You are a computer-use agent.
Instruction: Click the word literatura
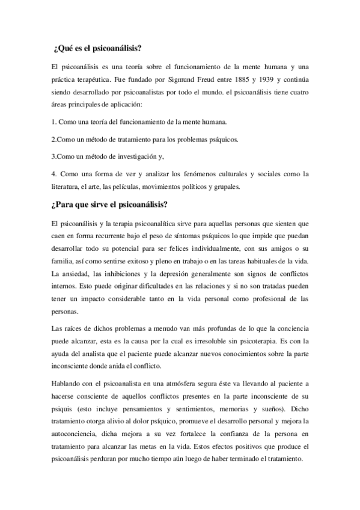(x=66, y=186)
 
